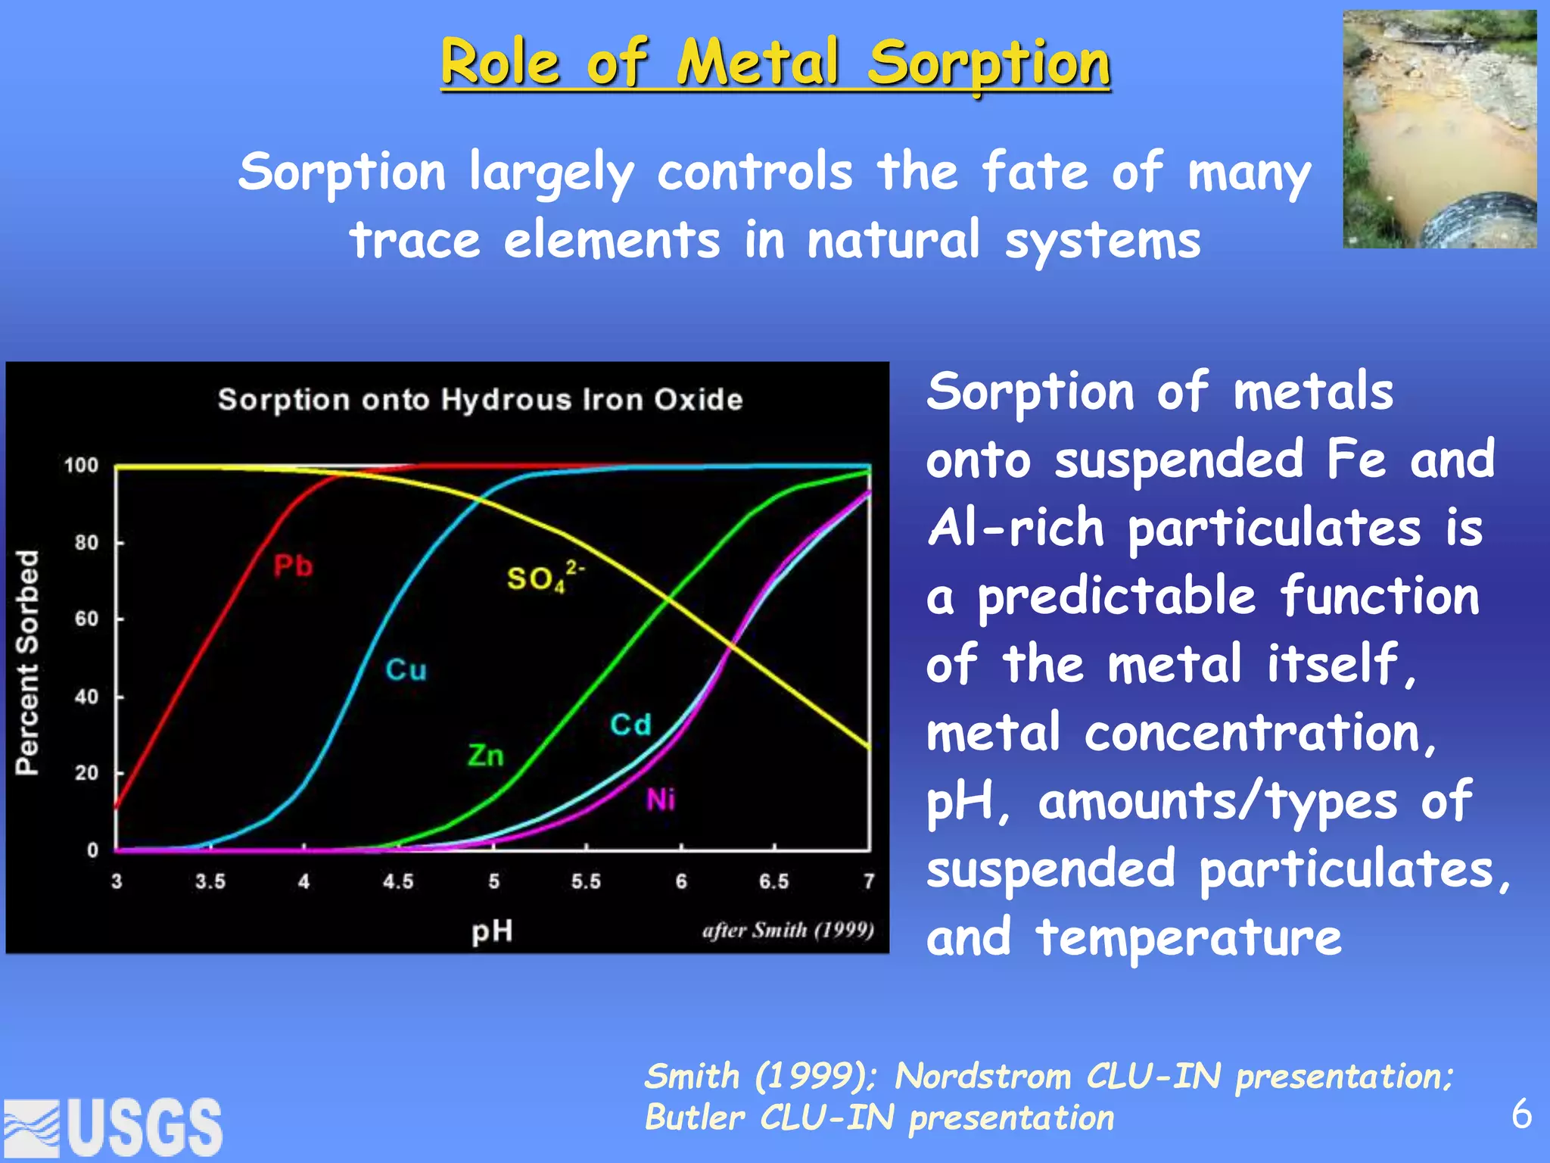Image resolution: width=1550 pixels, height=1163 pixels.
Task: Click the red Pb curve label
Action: pyautogui.click(x=293, y=566)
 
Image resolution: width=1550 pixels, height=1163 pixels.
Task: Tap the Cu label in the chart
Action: pyautogui.click(x=406, y=669)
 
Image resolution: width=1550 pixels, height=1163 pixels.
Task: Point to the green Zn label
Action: pyautogui.click(x=485, y=755)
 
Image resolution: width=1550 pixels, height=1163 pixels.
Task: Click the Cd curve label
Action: pyautogui.click(x=630, y=725)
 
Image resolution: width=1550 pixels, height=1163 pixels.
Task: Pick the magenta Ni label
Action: pyautogui.click(x=661, y=800)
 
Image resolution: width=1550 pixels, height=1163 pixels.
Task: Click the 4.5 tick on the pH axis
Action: pyautogui.click(x=398, y=881)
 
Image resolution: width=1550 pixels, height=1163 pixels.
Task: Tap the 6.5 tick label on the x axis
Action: pyautogui.click(x=773, y=881)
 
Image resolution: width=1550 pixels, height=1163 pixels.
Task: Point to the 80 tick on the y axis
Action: pyautogui.click(x=86, y=542)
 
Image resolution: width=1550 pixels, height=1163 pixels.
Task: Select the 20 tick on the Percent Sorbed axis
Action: pyautogui.click(x=86, y=773)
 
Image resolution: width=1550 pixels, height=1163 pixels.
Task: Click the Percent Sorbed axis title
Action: pyautogui.click(x=27, y=663)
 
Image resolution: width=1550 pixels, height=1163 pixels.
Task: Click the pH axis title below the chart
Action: pyautogui.click(x=492, y=931)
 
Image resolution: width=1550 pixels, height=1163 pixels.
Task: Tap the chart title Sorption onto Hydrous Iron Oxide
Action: pyautogui.click(x=480, y=399)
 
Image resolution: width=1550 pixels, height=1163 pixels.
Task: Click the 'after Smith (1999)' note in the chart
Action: pyautogui.click(x=787, y=930)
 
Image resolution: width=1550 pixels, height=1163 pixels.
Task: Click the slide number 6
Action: pyautogui.click(x=1521, y=1115)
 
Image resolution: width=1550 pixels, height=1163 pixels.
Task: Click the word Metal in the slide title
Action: pyautogui.click(x=758, y=62)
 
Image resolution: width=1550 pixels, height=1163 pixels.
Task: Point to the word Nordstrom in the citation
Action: pyautogui.click(x=982, y=1076)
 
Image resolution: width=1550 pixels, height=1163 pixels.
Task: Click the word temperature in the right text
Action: pyautogui.click(x=1188, y=937)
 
